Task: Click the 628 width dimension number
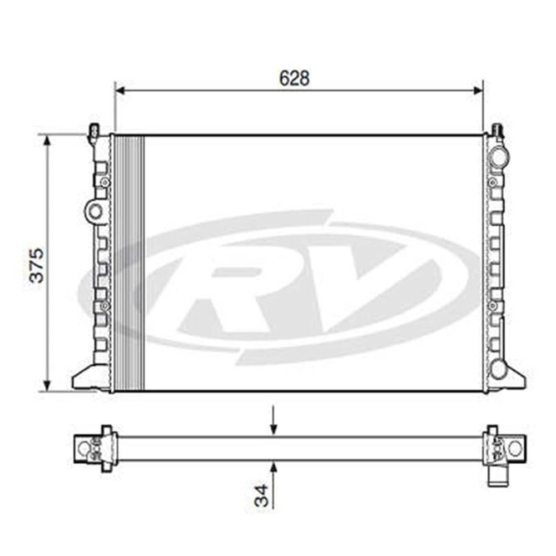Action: (294, 78)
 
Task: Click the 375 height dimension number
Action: (37, 265)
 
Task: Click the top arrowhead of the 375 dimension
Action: (47, 139)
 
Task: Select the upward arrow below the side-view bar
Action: (273, 466)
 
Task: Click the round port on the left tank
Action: (96, 211)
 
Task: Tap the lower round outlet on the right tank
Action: (499, 369)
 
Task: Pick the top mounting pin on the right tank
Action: (497, 131)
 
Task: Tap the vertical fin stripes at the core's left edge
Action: (129, 261)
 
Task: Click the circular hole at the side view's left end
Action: (84, 448)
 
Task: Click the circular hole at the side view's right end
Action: (515, 448)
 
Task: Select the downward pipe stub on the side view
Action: (498, 476)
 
